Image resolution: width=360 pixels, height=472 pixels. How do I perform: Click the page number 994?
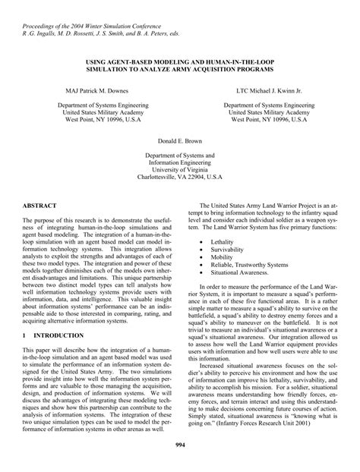pos(180,443)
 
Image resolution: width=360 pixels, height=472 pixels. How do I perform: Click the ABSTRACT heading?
pos(38,206)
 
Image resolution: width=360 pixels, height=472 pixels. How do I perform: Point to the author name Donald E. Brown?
pos(180,141)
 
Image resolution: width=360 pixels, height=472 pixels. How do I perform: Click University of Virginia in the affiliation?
pos(180,171)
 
